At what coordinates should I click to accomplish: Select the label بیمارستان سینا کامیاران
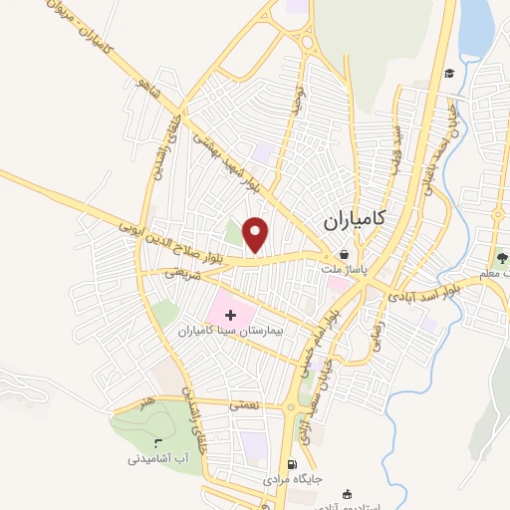click(x=231, y=329)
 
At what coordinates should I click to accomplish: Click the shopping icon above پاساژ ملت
click(x=344, y=254)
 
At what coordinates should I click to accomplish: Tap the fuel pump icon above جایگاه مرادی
click(x=291, y=465)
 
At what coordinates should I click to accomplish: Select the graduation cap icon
click(x=449, y=73)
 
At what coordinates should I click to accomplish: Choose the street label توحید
click(x=294, y=97)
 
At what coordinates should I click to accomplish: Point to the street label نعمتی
click(x=243, y=405)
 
